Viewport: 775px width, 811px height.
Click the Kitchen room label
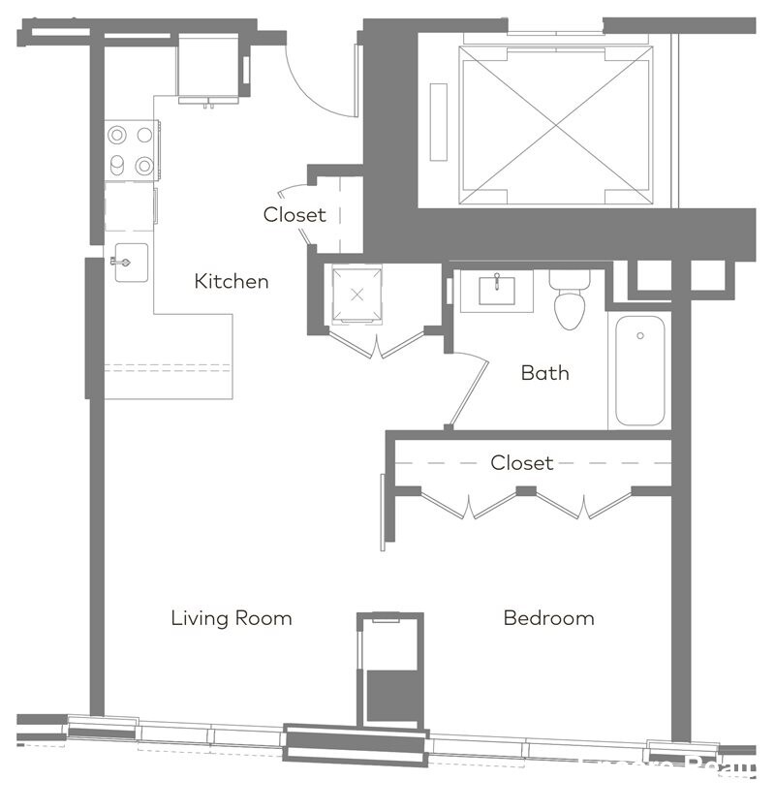click(x=232, y=282)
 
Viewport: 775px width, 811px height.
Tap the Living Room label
click(x=232, y=618)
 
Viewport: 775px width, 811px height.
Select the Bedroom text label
click(x=548, y=618)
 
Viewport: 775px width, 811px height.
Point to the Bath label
click(x=544, y=373)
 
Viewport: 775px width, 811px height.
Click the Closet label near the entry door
click(x=294, y=215)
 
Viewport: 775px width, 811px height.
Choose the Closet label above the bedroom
click(x=521, y=463)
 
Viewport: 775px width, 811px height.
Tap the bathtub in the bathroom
click(x=639, y=370)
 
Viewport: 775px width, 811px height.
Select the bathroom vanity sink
click(x=496, y=290)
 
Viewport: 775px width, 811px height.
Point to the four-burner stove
click(x=131, y=149)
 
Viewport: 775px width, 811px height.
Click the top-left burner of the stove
click(x=117, y=135)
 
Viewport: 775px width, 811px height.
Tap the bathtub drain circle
click(x=640, y=336)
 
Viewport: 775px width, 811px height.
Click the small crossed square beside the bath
click(x=356, y=294)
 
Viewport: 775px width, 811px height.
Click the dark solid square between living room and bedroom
click(x=391, y=696)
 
